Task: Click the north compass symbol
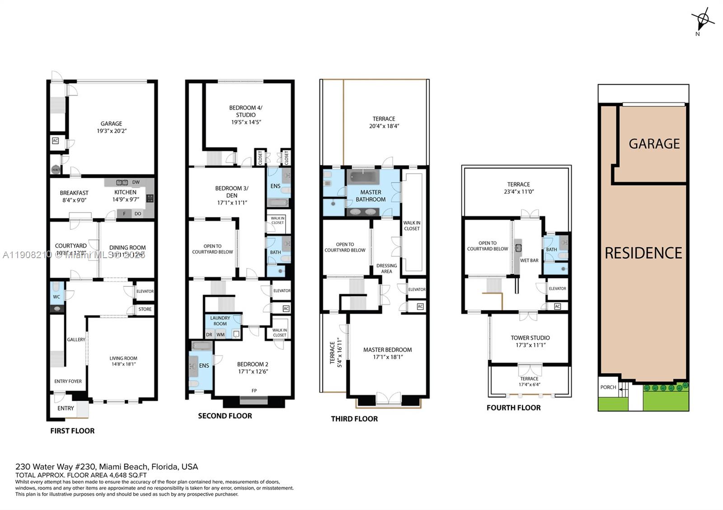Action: point(702,19)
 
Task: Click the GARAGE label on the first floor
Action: point(111,124)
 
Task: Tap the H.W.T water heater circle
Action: point(56,170)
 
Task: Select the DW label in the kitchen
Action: point(136,182)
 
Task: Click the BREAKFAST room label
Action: point(74,193)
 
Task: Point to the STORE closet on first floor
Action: point(145,309)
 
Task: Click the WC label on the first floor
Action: point(56,297)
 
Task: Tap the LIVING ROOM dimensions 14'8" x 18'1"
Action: point(123,364)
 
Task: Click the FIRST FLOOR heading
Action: point(72,431)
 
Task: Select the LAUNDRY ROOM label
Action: point(220,321)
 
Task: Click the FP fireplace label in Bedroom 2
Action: point(254,391)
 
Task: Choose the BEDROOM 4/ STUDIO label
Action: point(245,111)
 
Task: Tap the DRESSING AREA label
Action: point(387,269)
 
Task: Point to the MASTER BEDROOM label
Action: point(387,350)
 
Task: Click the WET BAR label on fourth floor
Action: point(529,260)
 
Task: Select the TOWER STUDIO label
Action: point(530,338)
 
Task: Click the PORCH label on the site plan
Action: point(608,387)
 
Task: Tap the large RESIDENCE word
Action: point(643,253)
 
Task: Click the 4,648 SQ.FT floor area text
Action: point(128,475)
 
